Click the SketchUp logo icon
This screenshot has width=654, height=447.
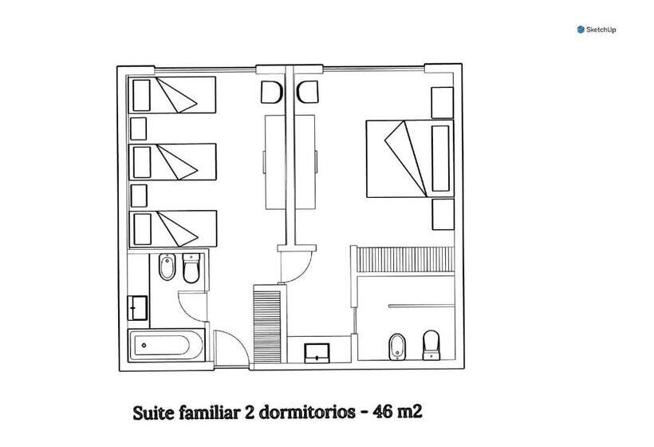click(581, 30)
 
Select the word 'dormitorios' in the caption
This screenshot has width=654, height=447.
click(307, 413)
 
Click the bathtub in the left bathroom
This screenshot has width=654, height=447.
click(167, 345)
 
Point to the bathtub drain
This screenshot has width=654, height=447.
click(144, 345)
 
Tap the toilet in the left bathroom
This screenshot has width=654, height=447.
click(191, 268)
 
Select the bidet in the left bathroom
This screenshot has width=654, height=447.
click(167, 267)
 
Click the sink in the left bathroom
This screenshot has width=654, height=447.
click(138, 308)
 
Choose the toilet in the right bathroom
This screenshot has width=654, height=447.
click(431, 345)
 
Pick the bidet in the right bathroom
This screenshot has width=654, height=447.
click(396, 347)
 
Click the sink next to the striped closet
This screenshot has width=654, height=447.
click(317, 353)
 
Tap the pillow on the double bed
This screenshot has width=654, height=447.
click(440, 159)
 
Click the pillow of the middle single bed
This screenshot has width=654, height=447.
click(142, 162)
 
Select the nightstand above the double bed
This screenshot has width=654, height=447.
click(442, 103)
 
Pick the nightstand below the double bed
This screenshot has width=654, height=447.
click(443, 215)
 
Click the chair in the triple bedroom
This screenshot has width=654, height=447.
click(272, 93)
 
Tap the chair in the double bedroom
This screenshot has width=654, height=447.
click(308, 93)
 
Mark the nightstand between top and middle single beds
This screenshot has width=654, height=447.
click(139, 129)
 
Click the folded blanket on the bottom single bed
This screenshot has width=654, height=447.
click(176, 230)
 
